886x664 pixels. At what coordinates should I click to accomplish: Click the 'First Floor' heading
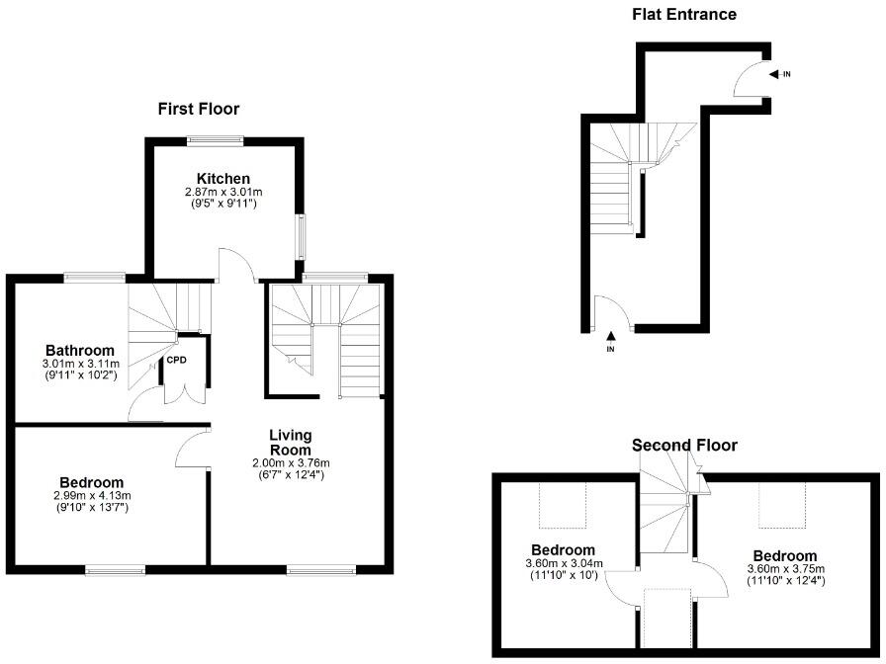pos(198,109)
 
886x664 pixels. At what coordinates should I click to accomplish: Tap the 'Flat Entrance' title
pos(684,14)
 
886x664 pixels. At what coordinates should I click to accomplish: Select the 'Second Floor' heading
pos(684,446)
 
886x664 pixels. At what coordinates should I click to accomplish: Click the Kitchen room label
pos(222,178)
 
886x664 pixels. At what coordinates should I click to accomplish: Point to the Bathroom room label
pos(80,350)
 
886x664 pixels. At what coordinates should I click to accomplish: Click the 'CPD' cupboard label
pos(177,359)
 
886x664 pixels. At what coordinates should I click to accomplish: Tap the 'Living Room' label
pos(291,443)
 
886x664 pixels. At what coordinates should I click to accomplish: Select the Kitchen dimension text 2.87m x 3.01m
pos(222,191)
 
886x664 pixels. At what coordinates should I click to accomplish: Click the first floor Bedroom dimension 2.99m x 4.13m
pos(92,495)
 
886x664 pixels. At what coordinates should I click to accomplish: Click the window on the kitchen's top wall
pos(216,140)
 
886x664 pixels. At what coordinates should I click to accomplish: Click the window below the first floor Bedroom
pos(115,568)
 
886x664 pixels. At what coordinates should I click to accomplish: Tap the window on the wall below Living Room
pos(320,568)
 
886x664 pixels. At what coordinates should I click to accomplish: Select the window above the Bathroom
pos(95,277)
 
